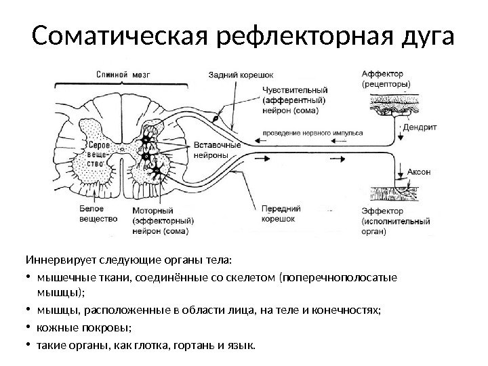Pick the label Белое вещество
click(x=94, y=214)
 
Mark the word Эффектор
click(x=382, y=211)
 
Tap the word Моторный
click(x=154, y=211)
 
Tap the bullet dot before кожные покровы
click(x=28, y=329)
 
